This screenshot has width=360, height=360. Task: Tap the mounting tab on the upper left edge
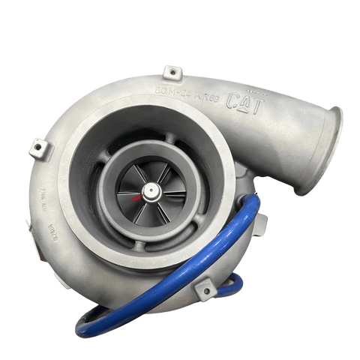click(39, 148)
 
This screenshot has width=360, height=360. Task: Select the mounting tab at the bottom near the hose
click(205, 287)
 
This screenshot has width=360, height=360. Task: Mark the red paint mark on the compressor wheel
click(136, 200)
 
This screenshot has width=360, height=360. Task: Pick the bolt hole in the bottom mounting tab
click(204, 286)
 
